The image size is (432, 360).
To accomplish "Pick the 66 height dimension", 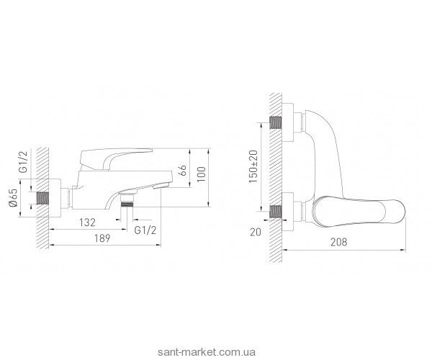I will click(183, 174).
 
